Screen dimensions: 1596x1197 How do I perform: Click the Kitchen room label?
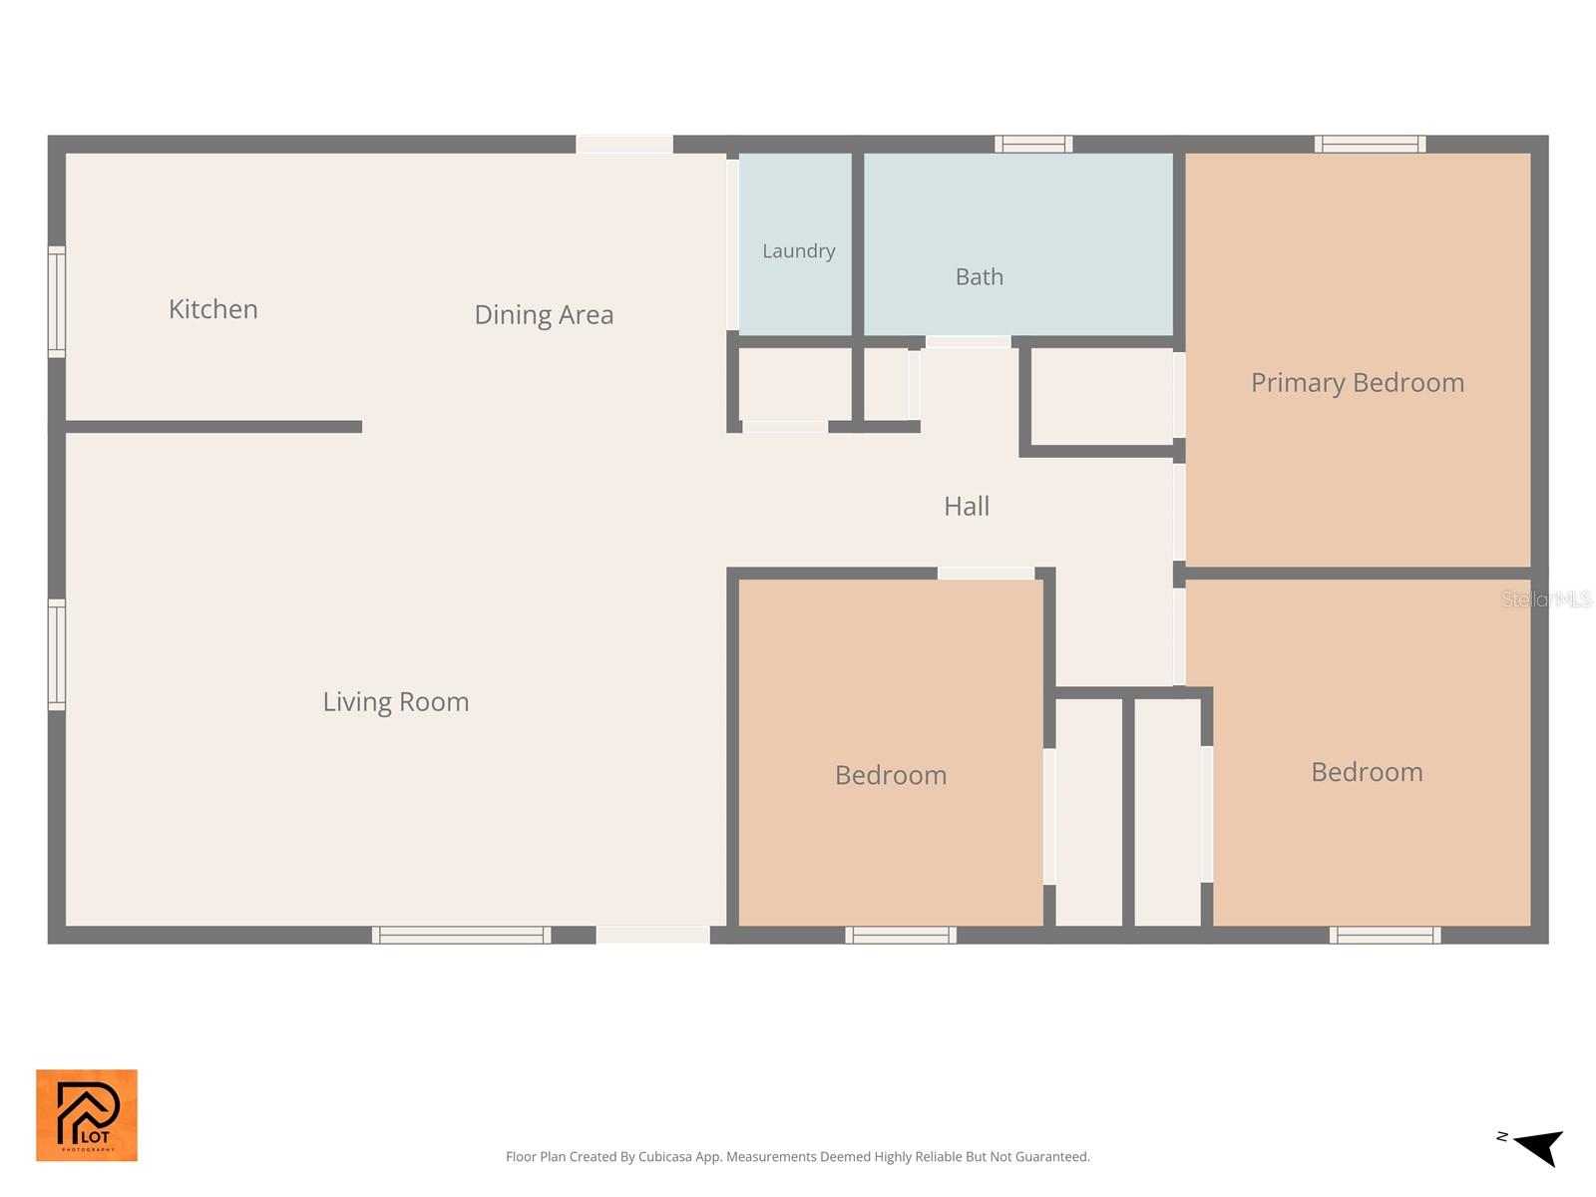pyautogui.click(x=213, y=309)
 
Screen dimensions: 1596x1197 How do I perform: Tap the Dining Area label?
pyautogui.click(x=544, y=314)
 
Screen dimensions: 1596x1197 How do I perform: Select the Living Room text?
pyautogui.click(x=396, y=702)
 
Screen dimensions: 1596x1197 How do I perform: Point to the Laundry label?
pyautogui.click(x=798, y=251)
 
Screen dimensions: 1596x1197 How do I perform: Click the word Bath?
pyautogui.click(x=979, y=277)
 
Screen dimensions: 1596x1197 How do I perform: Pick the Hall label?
pyautogui.click(x=967, y=507)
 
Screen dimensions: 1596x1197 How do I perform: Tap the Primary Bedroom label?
pyautogui.click(x=1357, y=383)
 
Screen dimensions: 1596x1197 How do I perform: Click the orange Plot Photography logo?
pyautogui.click(x=87, y=1115)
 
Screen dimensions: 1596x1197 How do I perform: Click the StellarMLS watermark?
pyautogui.click(x=1546, y=598)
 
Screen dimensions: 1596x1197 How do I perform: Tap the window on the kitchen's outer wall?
pyautogui.click(x=57, y=301)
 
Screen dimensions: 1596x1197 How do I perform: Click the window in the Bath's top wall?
pyautogui.click(x=1033, y=144)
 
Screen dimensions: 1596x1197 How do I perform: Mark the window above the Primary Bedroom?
pyautogui.click(x=1370, y=144)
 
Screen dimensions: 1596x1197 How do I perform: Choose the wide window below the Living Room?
pyautogui.click(x=461, y=935)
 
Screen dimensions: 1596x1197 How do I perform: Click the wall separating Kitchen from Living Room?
pyautogui.click(x=213, y=427)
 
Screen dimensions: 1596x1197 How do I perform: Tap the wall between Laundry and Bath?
pyautogui.click(x=857, y=244)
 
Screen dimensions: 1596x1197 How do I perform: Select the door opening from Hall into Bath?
pyautogui.click(x=968, y=342)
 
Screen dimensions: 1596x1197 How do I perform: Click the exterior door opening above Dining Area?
pyautogui.click(x=623, y=144)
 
